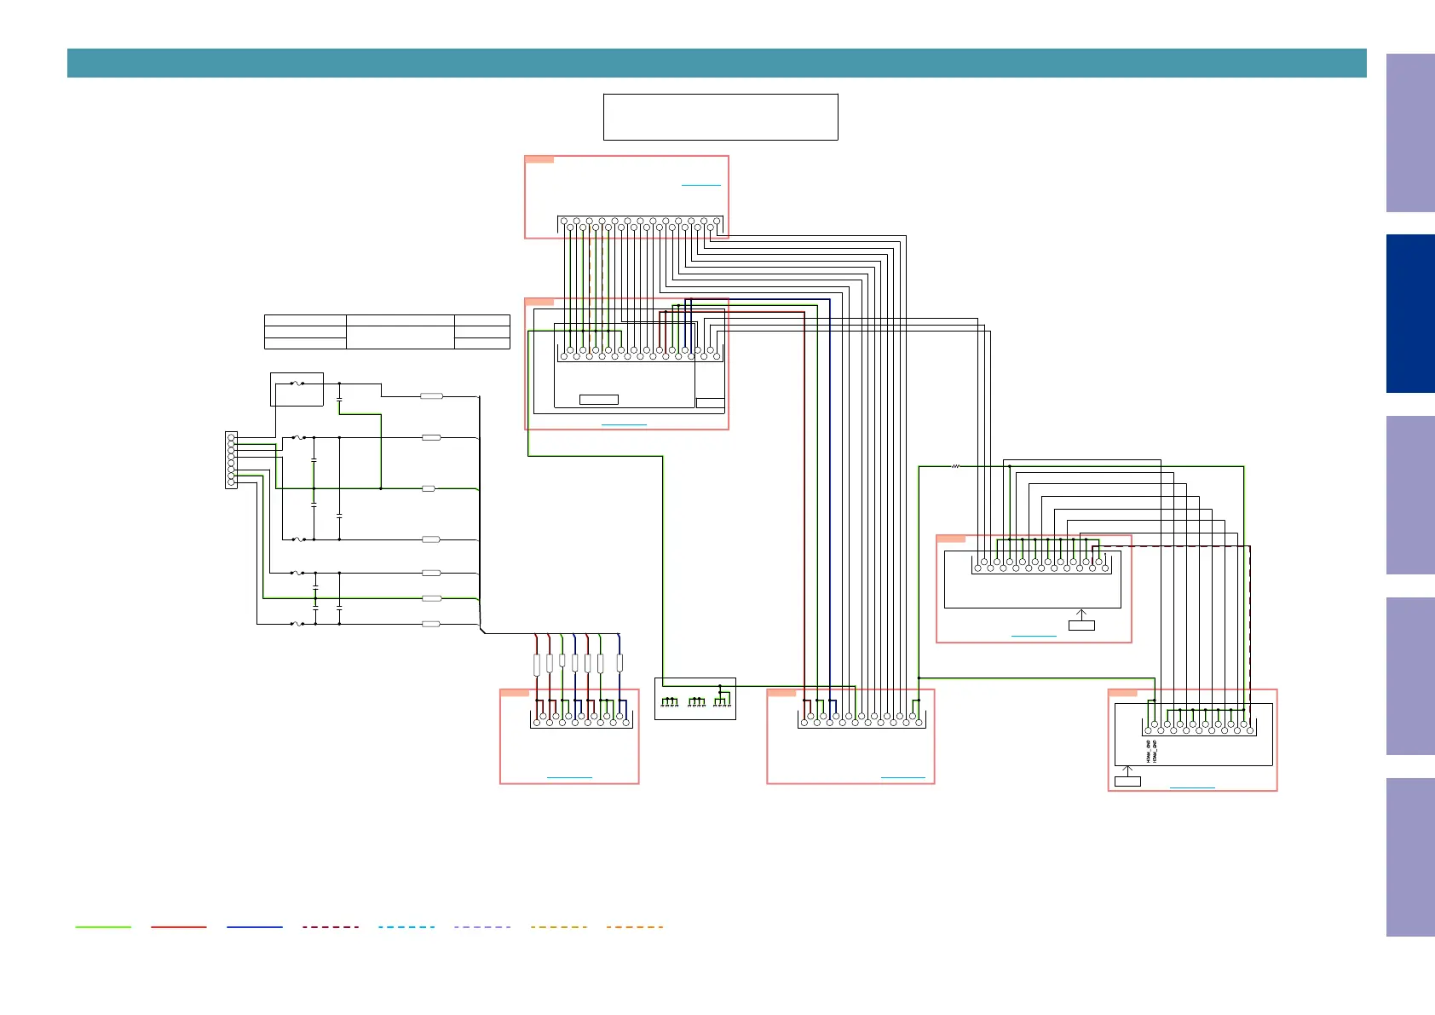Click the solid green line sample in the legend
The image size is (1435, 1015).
click(103, 926)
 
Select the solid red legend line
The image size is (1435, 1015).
click(179, 926)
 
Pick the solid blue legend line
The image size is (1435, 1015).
click(255, 926)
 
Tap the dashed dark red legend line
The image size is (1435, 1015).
click(331, 926)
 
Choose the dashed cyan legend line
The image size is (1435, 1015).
click(406, 926)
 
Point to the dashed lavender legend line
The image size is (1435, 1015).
click(482, 926)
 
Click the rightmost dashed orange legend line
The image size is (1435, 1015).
click(635, 926)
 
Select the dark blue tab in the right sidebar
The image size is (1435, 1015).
click(1410, 314)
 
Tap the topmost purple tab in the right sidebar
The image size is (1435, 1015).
click(1410, 133)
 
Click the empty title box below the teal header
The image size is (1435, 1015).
click(720, 117)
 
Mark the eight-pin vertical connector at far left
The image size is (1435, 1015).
click(231, 460)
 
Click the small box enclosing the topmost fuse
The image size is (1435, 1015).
click(297, 389)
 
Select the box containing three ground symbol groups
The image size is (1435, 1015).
click(694, 699)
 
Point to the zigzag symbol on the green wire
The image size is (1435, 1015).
click(955, 466)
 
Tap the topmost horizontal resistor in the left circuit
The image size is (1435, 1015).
click(432, 396)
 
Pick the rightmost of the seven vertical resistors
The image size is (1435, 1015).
click(620, 663)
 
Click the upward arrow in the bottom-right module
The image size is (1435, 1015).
click(1127, 770)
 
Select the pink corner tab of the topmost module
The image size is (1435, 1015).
click(539, 159)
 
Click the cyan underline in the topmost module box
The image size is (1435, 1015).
click(700, 185)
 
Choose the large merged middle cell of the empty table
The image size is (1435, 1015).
click(400, 332)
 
